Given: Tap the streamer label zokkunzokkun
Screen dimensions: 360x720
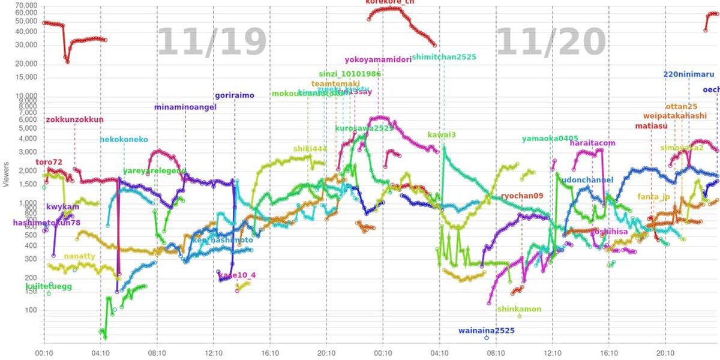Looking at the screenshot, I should pyautogui.click(x=74, y=119).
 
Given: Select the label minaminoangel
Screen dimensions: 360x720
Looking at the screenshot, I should pyautogui.click(x=185, y=107).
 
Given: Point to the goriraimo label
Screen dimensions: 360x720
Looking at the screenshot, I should pyautogui.click(x=235, y=95).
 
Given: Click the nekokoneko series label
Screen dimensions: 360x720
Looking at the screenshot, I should pyautogui.click(x=124, y=139).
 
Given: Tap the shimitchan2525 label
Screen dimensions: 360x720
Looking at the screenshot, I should pyautogui.click(x=445, y=57).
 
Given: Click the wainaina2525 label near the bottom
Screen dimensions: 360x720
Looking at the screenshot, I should pyautogui.click(x=487, y=330).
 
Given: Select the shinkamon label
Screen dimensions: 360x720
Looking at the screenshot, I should pyautogui.click(x=519, y=309).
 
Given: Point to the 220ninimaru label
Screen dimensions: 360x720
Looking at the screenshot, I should pyautogui.click(x=688, y=75).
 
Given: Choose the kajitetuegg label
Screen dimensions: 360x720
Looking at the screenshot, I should pyautogui.click(x=49, y=287).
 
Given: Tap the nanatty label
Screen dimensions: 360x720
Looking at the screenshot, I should pyautogui.click(x=79, y=256).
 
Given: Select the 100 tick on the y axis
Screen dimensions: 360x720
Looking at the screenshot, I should pyautogui.click(x=31, y=310).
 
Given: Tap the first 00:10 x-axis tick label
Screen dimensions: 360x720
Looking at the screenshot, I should pyautogui.click(x=44, y=354).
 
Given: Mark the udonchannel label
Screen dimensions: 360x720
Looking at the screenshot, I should pyautogui.click(x=587, y=179).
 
